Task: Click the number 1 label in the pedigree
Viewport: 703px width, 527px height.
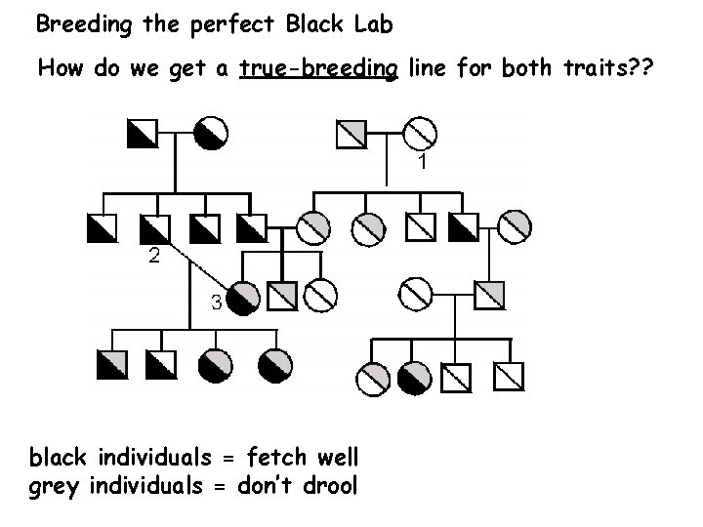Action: pyautogui.click(x=421, y=162)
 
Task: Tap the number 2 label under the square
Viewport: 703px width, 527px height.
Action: pyautogui.click(x=154, y=258)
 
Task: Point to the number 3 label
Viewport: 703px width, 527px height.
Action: pyautogui.click(x=217, y=302)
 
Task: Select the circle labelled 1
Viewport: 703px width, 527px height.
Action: pyautogui.click(x=419, y=132)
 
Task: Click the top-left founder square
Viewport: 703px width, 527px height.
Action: pyautogui.click(x=142, y=132)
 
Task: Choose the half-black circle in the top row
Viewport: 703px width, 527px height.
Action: pyautogui.click(x=212, y=132)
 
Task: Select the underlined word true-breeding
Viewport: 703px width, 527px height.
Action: pyautogui.click(x=317, y=69)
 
